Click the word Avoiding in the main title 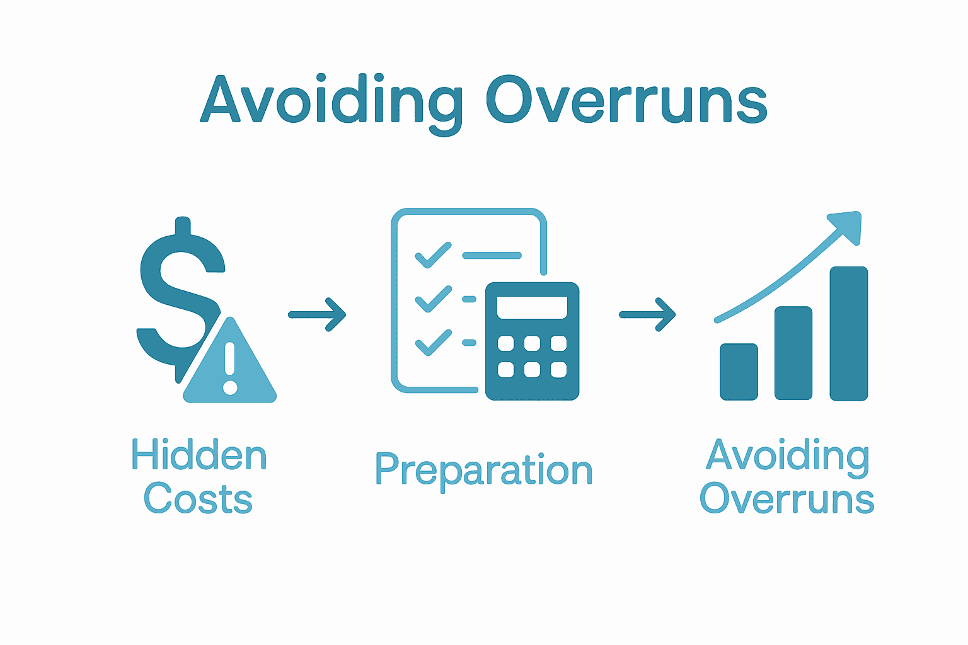(332, 101)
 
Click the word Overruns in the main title (626, 101)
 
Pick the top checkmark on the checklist (433, 255)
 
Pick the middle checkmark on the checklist (433, 299)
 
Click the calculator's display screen (532, 307)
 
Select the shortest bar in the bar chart (739, 372)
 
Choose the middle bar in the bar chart (793, 353)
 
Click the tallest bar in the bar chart (849, 333)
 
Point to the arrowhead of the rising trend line (847, 225)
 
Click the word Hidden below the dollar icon (199, 455)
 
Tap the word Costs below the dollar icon (198, 499)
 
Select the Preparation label (484, 471)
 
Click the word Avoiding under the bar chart (788, 455)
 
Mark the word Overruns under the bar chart (787, 499)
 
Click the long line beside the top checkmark (492, 255)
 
